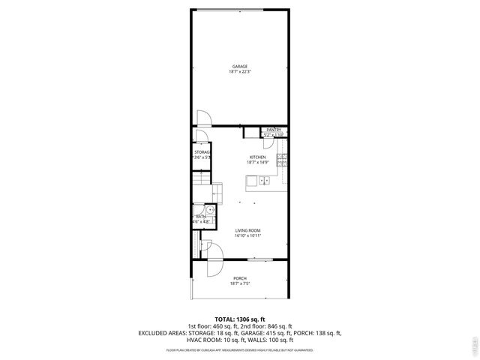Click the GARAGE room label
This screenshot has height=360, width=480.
click(x=239, y=66)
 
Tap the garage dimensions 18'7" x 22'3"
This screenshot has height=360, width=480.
click(x=239, y=72)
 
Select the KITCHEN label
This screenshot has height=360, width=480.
click(x=258, y=157)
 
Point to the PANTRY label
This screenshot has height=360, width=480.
click(x=273, y=130)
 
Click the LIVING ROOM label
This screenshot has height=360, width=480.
click(x=247, y=230)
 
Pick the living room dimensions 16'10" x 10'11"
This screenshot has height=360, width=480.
click(x=247, y=236)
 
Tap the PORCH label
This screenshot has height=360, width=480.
click(x=239, y=278)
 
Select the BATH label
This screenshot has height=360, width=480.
click(x=201, y=217)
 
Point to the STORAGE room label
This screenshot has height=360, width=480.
click(x=202, y=152)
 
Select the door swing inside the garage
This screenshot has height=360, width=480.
click(x=203, y=118)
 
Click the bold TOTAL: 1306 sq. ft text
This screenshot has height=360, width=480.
click(x=239, y=319)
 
